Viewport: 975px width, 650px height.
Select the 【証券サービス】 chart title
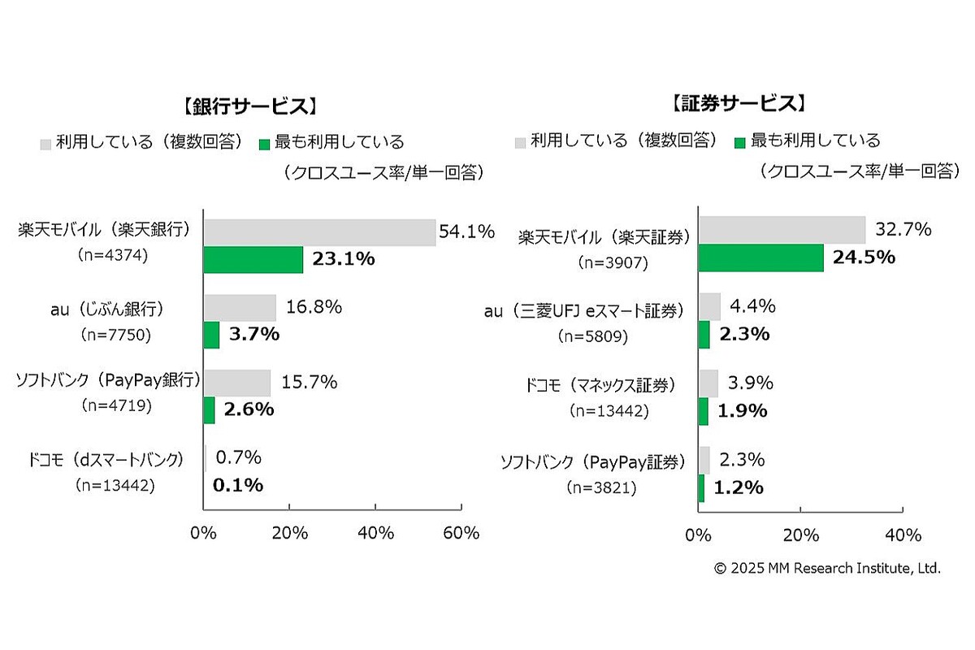738,103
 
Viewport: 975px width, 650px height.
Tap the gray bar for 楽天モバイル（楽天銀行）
319,232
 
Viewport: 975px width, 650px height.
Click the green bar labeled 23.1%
253,260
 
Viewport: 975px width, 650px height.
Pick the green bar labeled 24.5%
760,258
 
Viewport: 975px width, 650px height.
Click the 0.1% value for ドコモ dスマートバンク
238,485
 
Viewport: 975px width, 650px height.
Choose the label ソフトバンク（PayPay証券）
591,462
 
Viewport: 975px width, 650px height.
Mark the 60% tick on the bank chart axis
461,533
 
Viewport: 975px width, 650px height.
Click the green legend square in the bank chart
264,144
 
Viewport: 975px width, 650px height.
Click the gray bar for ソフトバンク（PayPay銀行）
236,383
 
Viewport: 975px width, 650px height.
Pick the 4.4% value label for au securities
753,306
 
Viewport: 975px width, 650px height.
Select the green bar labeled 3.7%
211,335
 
